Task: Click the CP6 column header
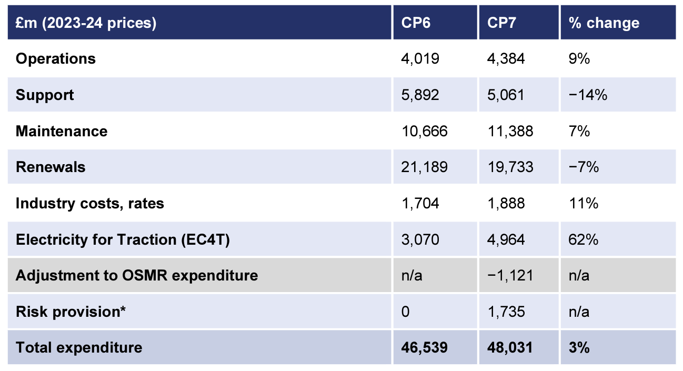(x=416, y=23)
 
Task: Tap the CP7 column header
(x=501, y=23)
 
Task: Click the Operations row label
(x=56, y=58)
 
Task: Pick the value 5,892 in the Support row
(x=420, y=95)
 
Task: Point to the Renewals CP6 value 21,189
(x=424, y=167)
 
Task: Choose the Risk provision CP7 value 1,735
(x=506, y=312)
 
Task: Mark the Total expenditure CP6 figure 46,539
(x=424, y=347)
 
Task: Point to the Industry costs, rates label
(x=90, y=203)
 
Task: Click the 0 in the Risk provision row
(x=405, y=312)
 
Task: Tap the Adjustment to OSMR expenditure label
(x=137, y=275)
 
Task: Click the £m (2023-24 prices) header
(x=86, y=23)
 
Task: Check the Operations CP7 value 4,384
(x=506, y=58)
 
